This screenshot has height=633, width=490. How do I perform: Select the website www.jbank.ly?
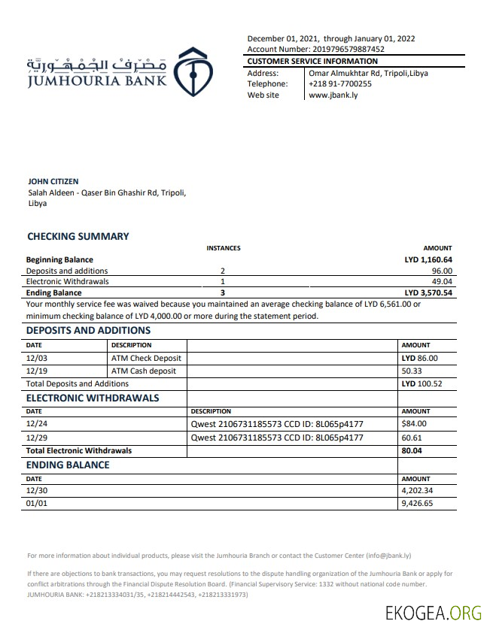pyautogui.click(x=332, y=95)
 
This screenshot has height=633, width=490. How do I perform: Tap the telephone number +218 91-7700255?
pyautogui.click(x=340, y=84)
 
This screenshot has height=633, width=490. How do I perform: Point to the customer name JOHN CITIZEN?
pyautogui.click(x=53, y=181)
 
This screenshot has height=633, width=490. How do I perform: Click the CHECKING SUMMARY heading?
pyautogui.click(x=78, y=236)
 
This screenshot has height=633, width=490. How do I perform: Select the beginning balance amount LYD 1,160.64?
pyautogui.click(x=428, y=259)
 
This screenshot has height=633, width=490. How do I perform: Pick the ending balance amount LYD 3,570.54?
pyautogui.click(x=428, y=292)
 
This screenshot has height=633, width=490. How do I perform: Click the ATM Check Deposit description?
pyautogui.click(x=146, y=359)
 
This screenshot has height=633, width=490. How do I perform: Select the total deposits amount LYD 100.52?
pyautogui.click(x=422, y=383)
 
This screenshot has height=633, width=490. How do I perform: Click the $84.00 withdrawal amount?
pyautogui.click(x=414, y=423)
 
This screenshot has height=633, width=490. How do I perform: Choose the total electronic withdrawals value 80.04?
pyautogui.click(x=412, y=450)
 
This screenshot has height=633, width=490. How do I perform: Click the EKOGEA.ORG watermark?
pyautogui.click(x=433, y=613)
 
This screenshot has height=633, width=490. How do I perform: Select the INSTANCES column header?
pyautogui.click(x=224, y=248)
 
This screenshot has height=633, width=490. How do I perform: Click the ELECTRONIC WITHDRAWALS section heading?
pyautogui.click(x=93, y=398)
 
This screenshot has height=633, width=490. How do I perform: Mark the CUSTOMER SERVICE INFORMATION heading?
pyautogui.click(x=312, y=61)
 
